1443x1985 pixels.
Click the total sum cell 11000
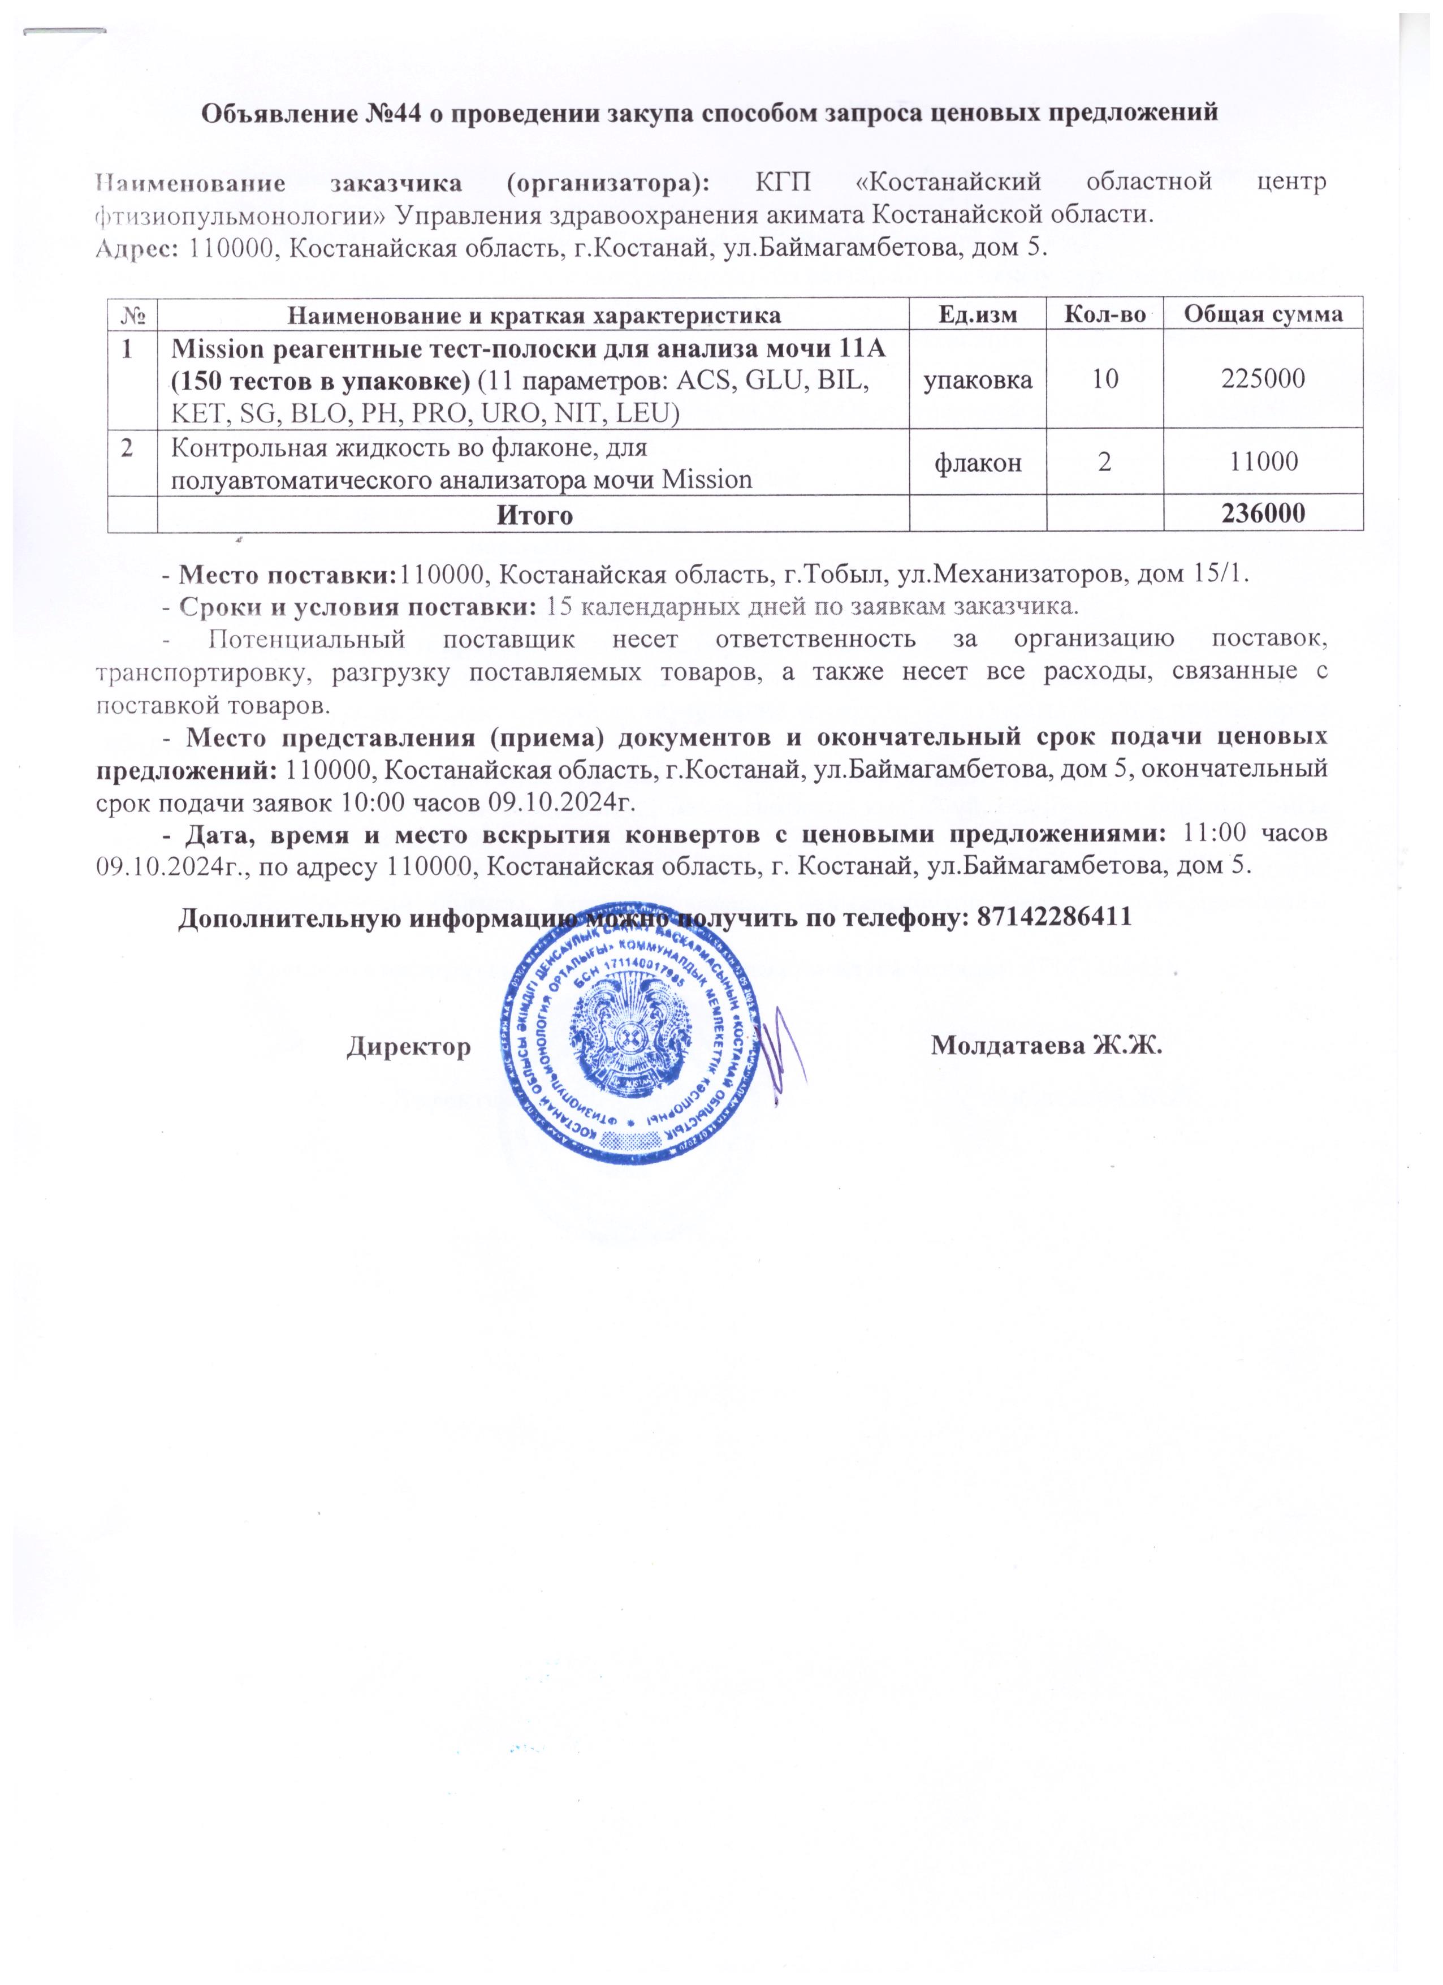click(1263, 461)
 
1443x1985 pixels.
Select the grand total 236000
click(1263, 513)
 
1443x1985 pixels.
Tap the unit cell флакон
click(978, 461)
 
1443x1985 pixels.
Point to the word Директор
click(409, 1046)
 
